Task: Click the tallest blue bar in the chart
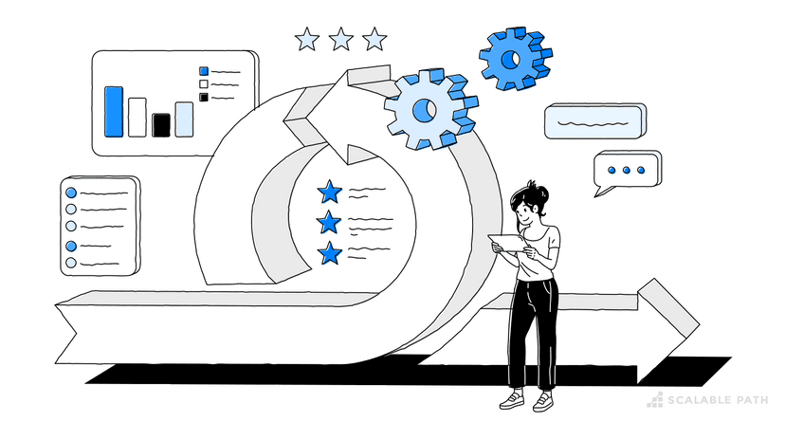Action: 114,112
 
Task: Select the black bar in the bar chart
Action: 161,124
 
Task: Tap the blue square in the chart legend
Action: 204,71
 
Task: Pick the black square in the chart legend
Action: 204,97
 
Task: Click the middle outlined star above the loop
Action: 341,39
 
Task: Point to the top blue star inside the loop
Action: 329,192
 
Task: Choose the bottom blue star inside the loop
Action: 330,253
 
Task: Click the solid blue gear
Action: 515,59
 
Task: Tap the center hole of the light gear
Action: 425,110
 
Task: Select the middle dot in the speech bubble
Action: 627,170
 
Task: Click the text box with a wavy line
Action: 594,121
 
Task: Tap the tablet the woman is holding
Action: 507,243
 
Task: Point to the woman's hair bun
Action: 539,192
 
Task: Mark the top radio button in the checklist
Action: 71,193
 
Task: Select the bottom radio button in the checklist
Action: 71,263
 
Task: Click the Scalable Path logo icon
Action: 655,399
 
